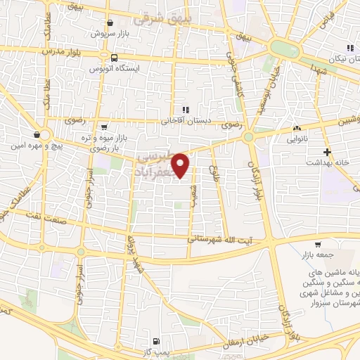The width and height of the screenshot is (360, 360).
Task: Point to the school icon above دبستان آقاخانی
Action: pyautogui.click(x=186, y=110)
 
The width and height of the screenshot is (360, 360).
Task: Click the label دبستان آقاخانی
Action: pyautogui.click(x=186, y=120)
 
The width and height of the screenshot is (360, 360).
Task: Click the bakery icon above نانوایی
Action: pyautogui.click(x=297, y=129)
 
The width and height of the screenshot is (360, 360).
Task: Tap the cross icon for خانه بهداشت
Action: pyautogui.click(x=326, y=152)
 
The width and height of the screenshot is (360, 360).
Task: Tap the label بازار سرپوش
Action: pyautogui.click(x=110, y=34)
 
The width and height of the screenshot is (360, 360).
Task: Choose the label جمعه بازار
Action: pyautogui.click(x=321, y=255)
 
